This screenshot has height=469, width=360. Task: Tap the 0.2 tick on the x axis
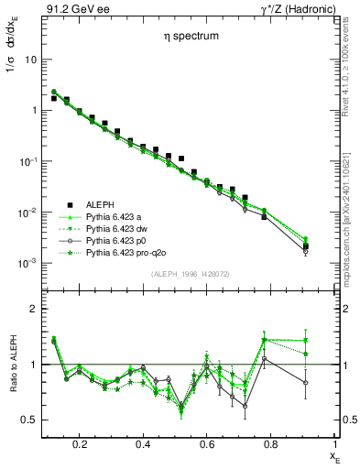click(x=80, y=444)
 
